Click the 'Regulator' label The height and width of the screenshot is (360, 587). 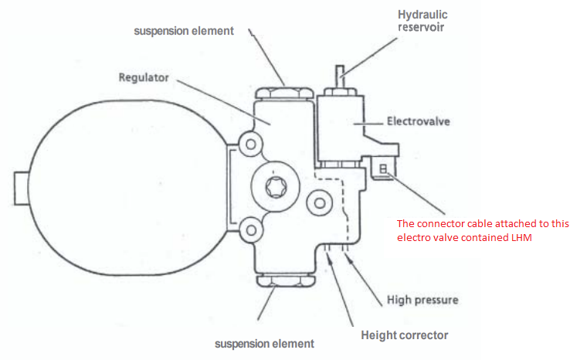click(x=144, y=77)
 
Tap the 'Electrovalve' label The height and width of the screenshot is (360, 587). click(x=418, y=121)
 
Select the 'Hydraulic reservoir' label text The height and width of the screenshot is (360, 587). click(x=422, y=21)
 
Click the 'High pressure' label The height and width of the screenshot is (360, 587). click(x=422, y=300)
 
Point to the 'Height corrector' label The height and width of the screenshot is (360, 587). click(x=404, y=335)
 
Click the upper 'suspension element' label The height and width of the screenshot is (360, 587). click(x=184, y=31)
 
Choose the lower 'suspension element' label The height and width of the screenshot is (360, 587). click(x=264, y=344)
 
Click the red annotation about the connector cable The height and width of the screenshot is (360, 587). click(x=483, y=230)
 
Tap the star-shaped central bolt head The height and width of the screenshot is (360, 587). click(x=276, y=187)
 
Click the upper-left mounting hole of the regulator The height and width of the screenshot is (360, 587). click(x=251, y=144)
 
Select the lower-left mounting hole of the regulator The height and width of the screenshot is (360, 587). click(x=251, y=229)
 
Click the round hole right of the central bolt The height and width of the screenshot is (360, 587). click(x=319, y=203)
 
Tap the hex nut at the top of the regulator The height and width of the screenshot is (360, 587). click(x=283, y=93)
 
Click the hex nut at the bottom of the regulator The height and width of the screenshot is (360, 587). click(x=286, y=281)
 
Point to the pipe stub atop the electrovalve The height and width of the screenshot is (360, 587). click(x=340, y=76)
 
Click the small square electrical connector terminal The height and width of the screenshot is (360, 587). click(x=383, y=169)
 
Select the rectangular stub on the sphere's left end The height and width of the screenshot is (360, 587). click(x=22, y=188)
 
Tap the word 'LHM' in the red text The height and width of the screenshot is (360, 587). click(x=521, y=237)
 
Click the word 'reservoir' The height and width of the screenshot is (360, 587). click(x=421, y=28)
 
